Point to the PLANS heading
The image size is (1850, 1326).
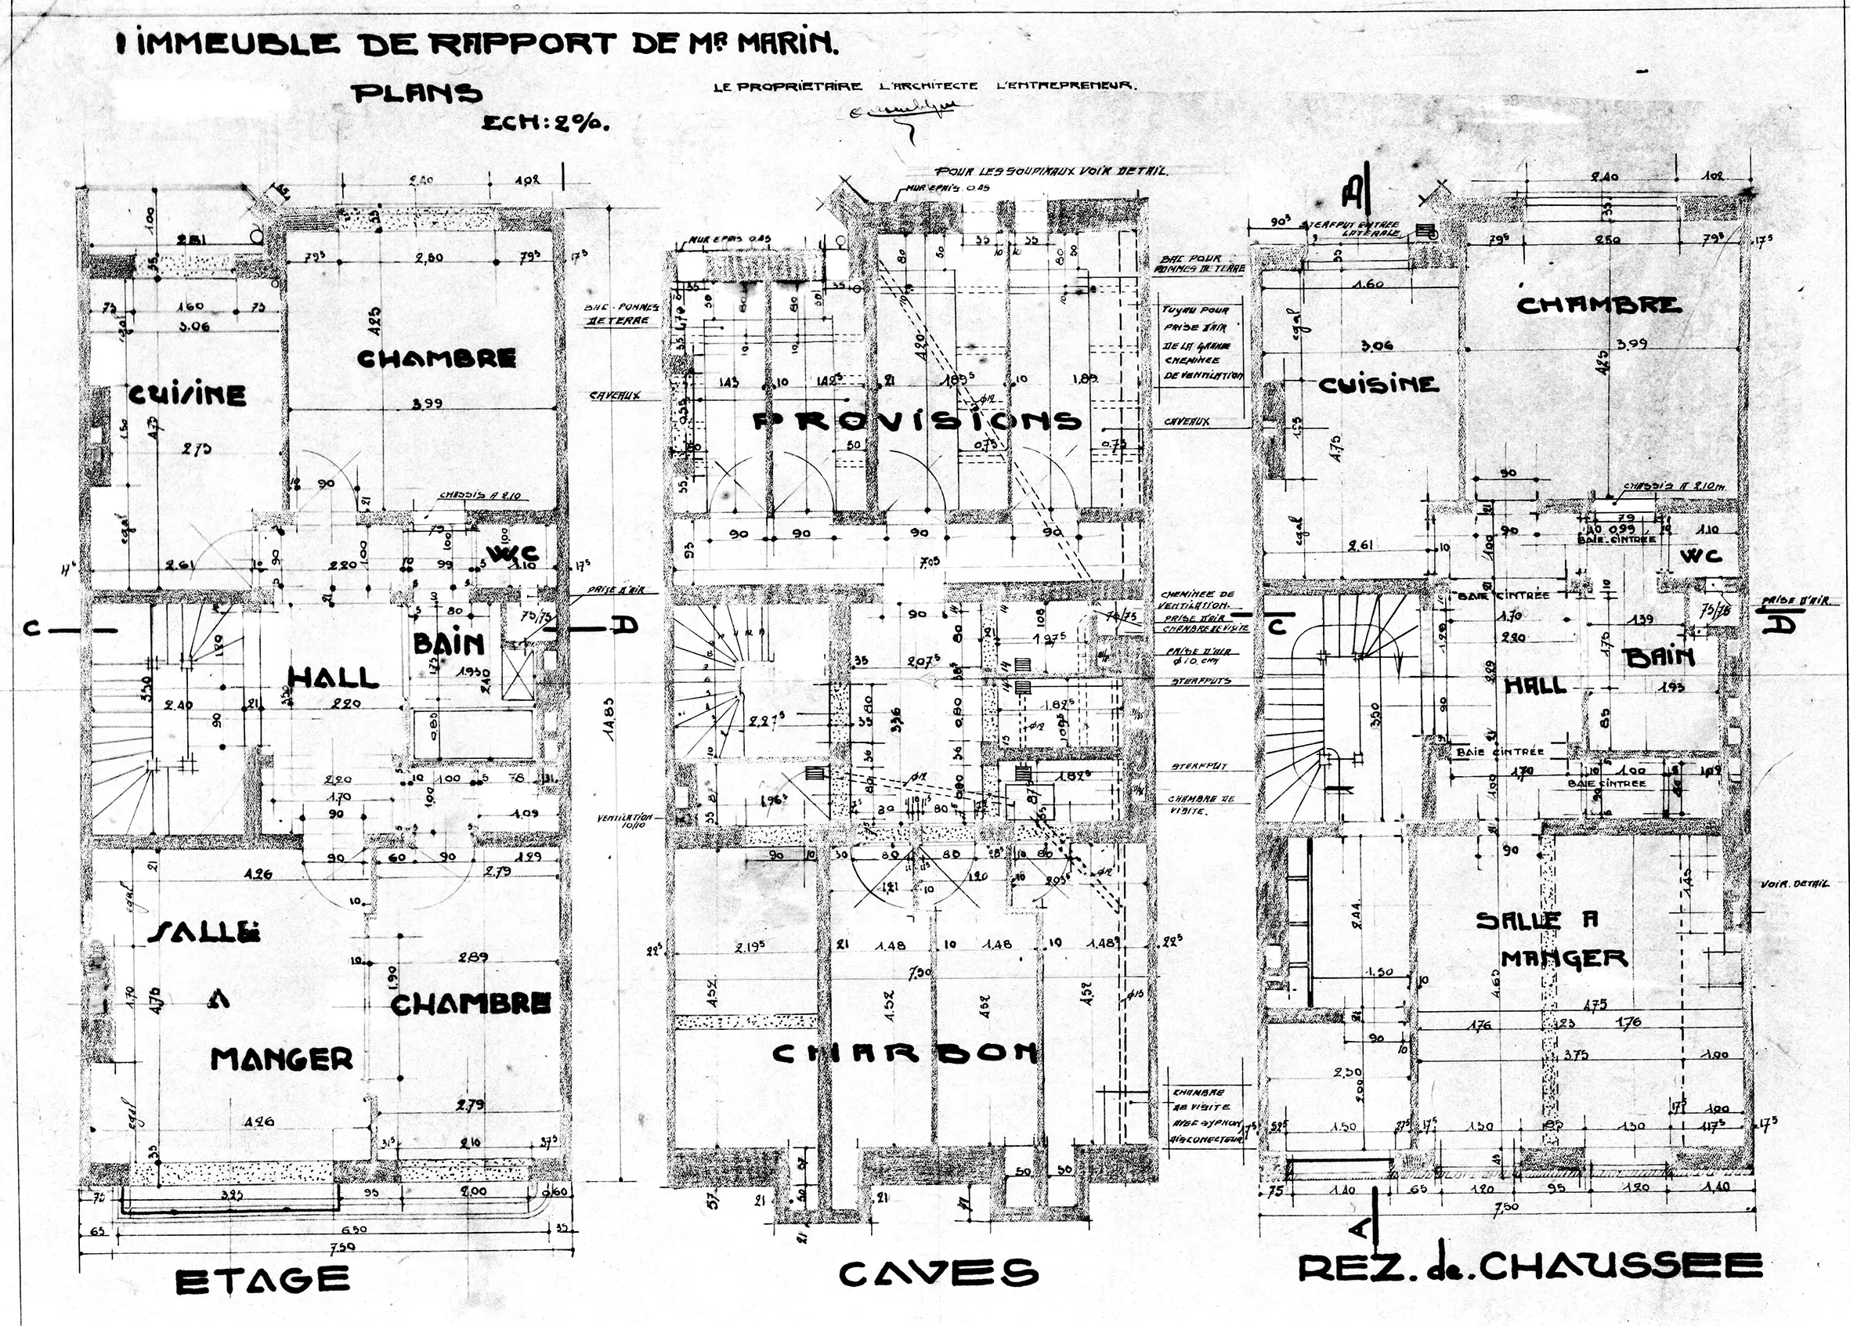[x=417, y=94]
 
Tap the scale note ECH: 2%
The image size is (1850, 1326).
[x=546, y=123]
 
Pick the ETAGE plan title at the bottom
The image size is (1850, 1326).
[x=262, y=1281]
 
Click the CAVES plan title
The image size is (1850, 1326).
[x=938, y=1273]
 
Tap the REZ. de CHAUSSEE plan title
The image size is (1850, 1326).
[x=1530, y=1267]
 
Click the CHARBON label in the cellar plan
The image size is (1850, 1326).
[x=905, y=1053]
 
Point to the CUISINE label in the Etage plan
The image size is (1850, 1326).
[x=186, y=396]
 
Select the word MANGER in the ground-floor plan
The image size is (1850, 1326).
[x=1564, y=957]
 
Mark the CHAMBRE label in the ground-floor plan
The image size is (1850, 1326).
[x=1599, y=305]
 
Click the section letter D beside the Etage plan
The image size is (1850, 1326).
[x=624, y=626]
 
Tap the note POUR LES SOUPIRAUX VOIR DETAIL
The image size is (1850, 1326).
[x=1051, y=172]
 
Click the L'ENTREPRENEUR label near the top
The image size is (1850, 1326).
[x=1066, y=85]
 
